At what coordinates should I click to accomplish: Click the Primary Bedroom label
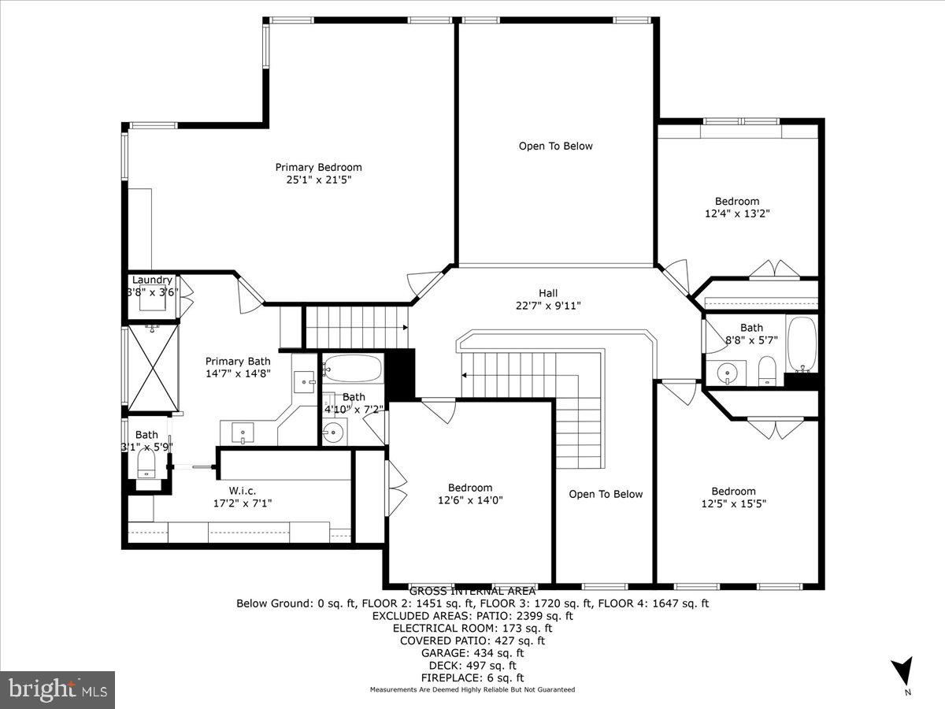(318, 167)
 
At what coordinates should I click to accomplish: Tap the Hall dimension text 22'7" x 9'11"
(548, 306)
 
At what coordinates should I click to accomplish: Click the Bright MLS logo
(57, 689)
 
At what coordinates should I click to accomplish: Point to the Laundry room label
(152, 280)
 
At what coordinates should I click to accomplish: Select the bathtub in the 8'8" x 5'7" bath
(802, 344)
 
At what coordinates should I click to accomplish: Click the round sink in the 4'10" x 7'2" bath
(334, 432)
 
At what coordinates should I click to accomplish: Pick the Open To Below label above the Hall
(555, 146)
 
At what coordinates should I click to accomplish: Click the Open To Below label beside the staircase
(606, 494)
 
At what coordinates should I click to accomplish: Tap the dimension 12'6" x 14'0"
(470, 499)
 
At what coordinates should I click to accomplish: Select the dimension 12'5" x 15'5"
(733, 503)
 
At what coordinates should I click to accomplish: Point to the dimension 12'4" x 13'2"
(737, 213)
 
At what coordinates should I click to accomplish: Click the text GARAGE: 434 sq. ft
(472, 653)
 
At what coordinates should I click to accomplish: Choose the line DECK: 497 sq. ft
(472, 665)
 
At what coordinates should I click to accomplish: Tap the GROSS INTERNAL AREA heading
(472, 591)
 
